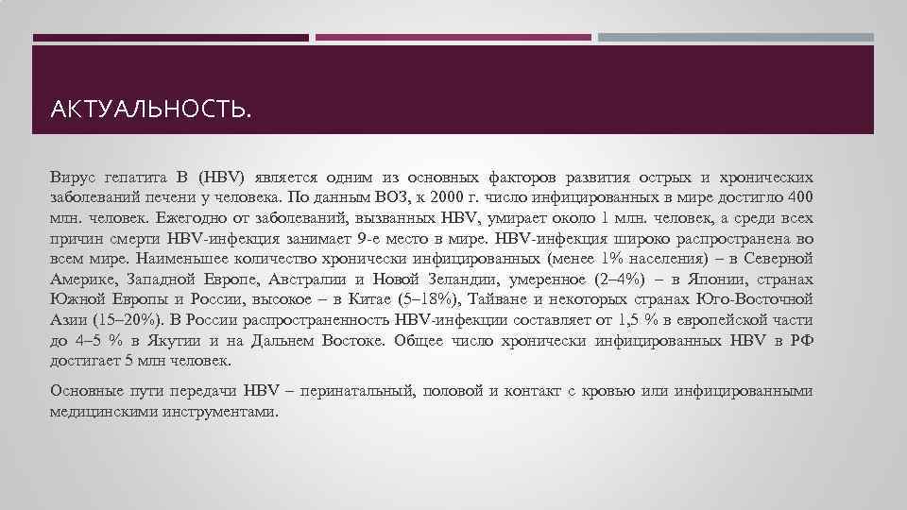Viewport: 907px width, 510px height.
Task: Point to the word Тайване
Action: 501,300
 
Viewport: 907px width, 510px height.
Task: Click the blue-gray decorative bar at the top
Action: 736,38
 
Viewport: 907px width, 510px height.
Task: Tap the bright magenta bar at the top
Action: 453,38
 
